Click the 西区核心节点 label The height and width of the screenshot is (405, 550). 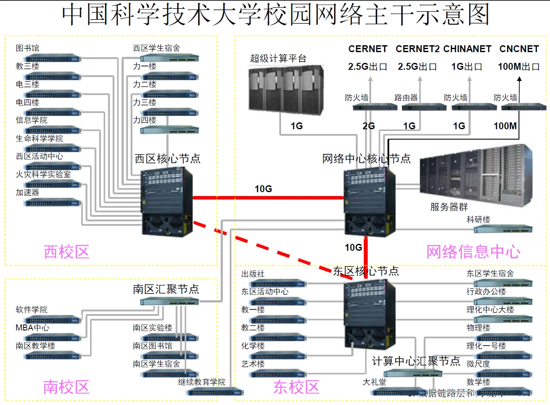[168, 159]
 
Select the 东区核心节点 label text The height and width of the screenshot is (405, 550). [366, 271]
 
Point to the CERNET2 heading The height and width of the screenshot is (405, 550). [417, 49]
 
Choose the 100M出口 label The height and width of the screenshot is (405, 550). [519, 67]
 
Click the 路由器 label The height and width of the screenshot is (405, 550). [406, 98]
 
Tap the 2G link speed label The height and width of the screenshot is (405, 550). [369, 126]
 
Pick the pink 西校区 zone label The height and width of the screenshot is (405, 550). [66, 252]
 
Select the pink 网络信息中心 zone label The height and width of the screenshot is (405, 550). [473, 252]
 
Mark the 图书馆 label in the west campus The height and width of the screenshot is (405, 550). [28, 48]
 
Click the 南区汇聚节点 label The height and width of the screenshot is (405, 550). [166, 289]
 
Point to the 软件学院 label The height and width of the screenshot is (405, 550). [31, 310]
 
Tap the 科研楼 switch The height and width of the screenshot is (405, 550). [503, 229]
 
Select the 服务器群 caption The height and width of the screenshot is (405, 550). [449, 207]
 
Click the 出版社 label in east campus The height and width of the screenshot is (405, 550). [253, 274]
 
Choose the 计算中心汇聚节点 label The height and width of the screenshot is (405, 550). [416, 361]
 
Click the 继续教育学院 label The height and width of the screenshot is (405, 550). [202, 382]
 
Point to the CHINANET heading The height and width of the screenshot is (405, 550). [467, 49]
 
